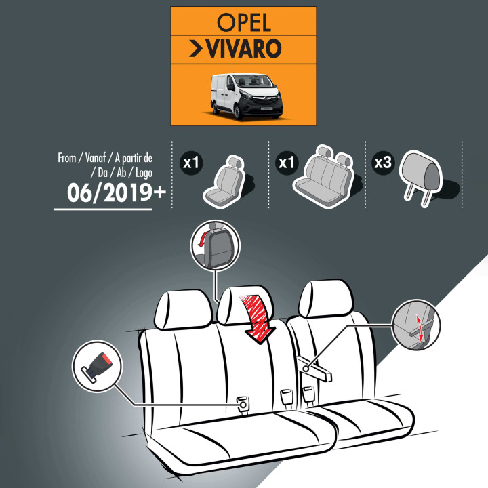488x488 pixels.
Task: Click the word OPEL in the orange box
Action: pos(244,23)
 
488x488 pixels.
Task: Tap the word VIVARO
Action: pos(244,49)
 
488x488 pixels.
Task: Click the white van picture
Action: pos(247,96)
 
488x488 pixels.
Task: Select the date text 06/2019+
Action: pos(117,192)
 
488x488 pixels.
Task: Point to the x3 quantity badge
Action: pos(383,163)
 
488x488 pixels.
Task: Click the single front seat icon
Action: pos(225,182)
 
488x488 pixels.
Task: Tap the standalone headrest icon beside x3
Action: pos(421,178)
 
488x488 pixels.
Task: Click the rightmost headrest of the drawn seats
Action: pos(325,298)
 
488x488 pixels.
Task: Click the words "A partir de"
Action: pos(134,158)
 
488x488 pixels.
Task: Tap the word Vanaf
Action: pos(96,158)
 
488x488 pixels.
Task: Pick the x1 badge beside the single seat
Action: pos(191,163)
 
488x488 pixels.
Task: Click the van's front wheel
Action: pos(238,111)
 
